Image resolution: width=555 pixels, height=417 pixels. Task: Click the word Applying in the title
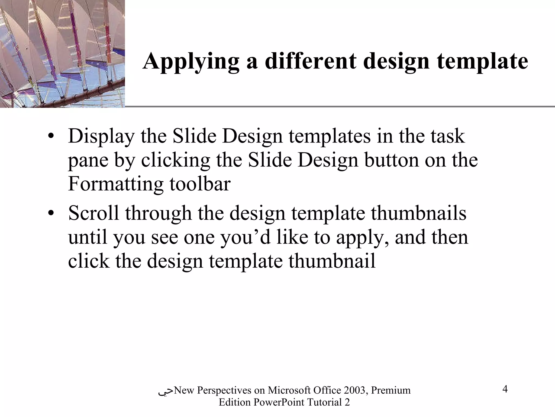[191, 61]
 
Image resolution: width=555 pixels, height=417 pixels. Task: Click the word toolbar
[200, 184]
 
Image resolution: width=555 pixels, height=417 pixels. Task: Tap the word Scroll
[93, 213]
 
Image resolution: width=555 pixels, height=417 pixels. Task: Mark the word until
[87, 237]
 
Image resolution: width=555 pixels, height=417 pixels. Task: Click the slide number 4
[505, 389]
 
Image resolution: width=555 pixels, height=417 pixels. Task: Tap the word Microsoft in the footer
[289, 390]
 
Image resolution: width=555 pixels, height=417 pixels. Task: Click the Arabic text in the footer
[166, 391]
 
